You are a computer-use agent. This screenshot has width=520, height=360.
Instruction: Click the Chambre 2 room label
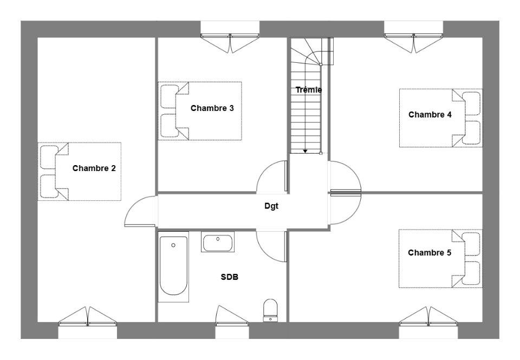(94, 168)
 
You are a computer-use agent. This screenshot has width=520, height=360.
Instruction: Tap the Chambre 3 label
(212, 108)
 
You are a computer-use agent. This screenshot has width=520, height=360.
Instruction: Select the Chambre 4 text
(430, 115)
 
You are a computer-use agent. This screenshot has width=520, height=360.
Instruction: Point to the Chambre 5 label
(430, 253)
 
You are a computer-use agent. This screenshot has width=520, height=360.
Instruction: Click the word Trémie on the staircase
(309, 90)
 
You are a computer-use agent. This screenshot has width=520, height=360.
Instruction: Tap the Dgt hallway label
(271, 206)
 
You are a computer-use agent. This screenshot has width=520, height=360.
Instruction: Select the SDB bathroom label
(230, 277)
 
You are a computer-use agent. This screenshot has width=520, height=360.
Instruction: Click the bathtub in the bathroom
(173, 267)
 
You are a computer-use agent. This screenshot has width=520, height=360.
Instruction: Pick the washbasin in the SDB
(218, 242)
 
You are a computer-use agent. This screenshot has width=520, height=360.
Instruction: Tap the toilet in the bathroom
(270, 310)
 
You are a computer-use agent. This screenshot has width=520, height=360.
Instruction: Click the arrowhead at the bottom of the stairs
(305, 151)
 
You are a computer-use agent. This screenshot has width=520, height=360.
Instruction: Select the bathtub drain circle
(173, 245)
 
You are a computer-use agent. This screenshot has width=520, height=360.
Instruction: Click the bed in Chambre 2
(79, 172)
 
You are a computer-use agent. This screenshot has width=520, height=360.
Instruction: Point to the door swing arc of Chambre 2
(133, 204)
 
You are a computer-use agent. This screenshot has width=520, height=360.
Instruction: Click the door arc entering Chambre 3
(265, 169)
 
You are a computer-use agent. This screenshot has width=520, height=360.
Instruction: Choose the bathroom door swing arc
(265, 253)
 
